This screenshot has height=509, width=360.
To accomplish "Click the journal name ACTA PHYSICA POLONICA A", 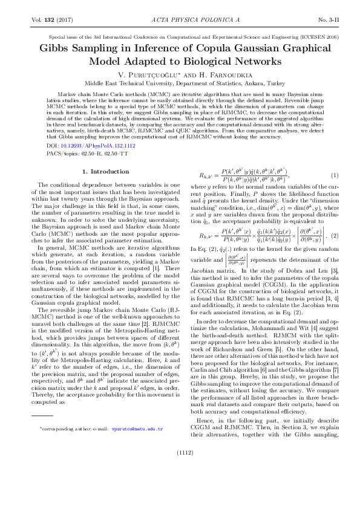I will click(x=180, y=20).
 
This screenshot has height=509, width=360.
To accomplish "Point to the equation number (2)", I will click(x=333, y=251).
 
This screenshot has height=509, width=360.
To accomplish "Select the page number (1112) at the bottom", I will click(x=180, y=485).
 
